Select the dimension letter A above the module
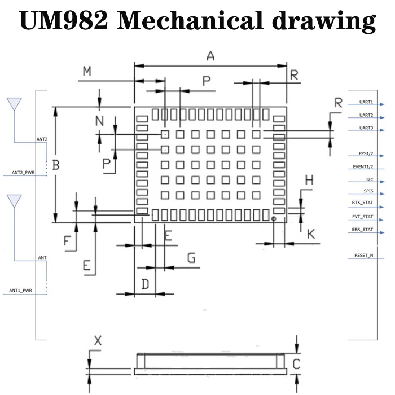click(210, 55)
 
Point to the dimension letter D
click(144, 284)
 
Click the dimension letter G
click(191, 258)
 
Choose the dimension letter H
click(309, 181)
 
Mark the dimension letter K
click(311, 234)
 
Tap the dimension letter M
click(87, 71)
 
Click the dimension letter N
click(99, 120)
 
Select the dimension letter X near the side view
click(98, 340)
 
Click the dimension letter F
click(68, 242)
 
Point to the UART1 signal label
click(366, 103)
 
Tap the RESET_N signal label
click(363, 256)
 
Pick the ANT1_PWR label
click(21, 291)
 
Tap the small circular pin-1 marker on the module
click(274, 218)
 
